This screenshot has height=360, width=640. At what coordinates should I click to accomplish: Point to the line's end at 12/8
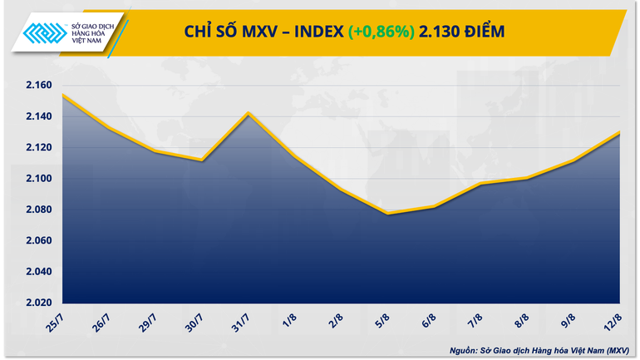(x=620, y=132)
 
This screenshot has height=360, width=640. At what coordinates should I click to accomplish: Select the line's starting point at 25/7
(x=63, y=95)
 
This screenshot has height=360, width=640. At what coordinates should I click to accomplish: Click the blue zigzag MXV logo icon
(x=46, y=33)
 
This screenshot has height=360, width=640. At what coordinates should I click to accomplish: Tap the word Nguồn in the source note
(x=466, y=350)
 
